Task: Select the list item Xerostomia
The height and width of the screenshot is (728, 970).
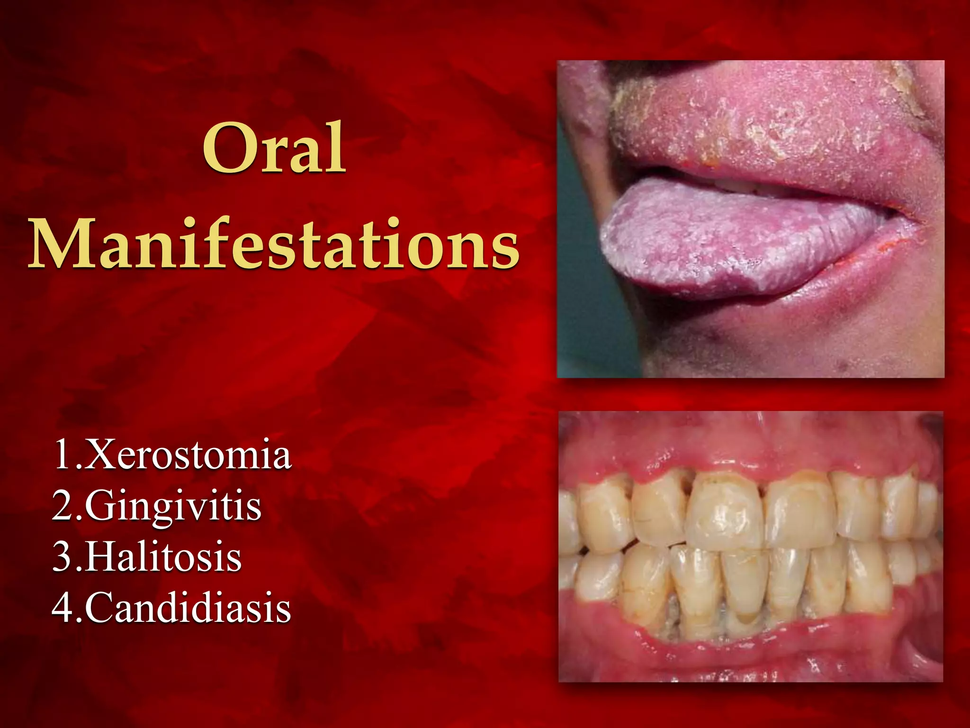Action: click(187, 455)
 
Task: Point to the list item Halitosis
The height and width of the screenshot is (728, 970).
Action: click(163, 557)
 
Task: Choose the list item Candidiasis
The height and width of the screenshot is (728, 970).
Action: click(188, 609)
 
